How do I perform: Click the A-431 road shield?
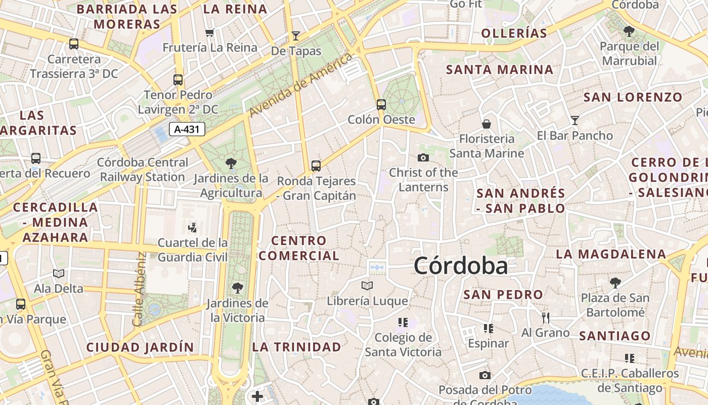(x=187, y=129)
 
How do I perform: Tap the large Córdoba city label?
(x=460, y=266)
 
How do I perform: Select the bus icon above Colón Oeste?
(x=381, y=105)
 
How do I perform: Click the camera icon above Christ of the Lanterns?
(x=423, y=157)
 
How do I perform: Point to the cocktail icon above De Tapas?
(x=296, y=36)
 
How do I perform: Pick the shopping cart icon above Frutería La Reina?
(x=209, y=33)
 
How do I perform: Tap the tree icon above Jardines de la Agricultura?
(x=231, y=163)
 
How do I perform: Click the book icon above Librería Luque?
(x=367, y=286)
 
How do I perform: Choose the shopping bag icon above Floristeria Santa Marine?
(x=486, y=124)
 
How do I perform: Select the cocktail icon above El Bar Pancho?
(x=574, y=120)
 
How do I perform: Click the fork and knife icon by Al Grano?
(x=546, y=318)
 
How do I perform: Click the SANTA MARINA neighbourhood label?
(x=500, y=69)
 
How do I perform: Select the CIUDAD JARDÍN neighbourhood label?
(x=140, y=347)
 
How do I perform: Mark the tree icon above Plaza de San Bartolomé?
(x=615, y=282)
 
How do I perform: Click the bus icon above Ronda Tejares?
(x=316, y=166)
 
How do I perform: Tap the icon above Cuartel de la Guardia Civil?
(x=192, y=227)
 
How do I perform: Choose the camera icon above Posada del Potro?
(x=485, y=375)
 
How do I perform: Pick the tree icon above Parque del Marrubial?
(x=629, y=31)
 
